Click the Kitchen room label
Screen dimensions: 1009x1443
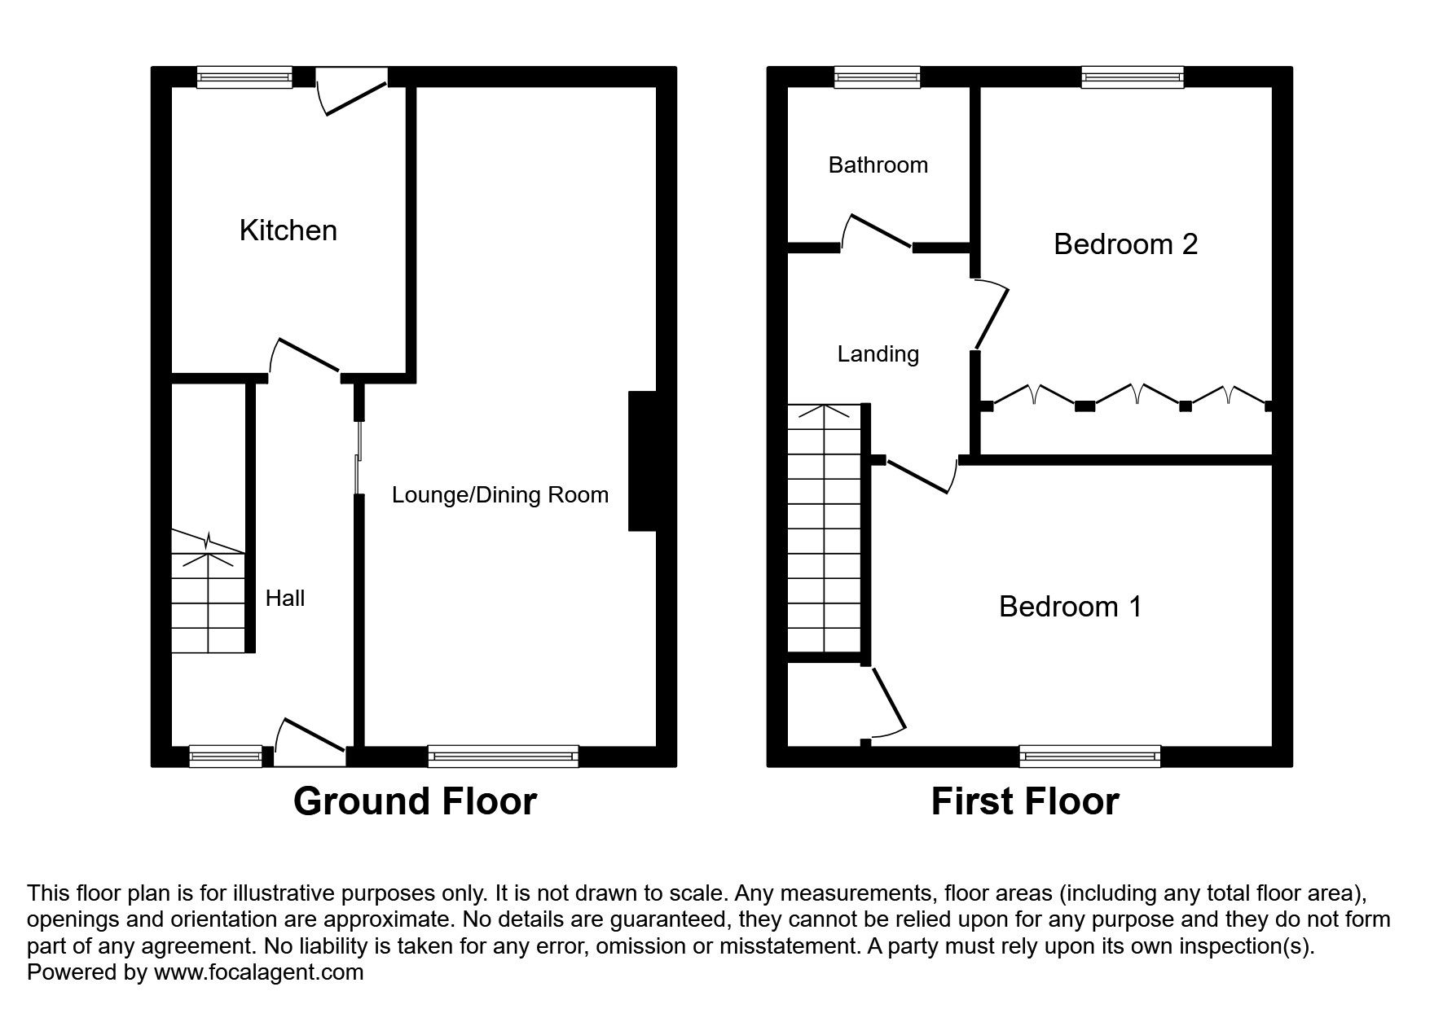[x=288, y=230]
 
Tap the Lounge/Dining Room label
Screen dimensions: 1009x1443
[x=499, y=495]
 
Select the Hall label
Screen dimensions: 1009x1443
[x=285, y=599]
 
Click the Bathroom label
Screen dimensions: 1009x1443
[x=878, y=165]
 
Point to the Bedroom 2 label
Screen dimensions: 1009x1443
[x=1125, y=244]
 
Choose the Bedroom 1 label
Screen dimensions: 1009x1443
[x=1070, y=607]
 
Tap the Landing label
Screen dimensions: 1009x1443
[x=878, y=354]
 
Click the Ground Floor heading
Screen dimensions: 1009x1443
[x=415, y=801]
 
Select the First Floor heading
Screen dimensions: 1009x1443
[x=1024, y=801]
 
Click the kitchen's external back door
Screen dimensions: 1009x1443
[x=352, y=91]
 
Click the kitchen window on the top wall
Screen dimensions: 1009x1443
[x=244, y=77]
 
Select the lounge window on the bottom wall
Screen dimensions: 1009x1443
[x=503, y=757]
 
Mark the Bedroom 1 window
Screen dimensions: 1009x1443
[x=1089, y=757]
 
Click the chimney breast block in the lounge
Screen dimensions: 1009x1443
[x=642, y=462]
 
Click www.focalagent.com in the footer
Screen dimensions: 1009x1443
[x=258, y=972]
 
